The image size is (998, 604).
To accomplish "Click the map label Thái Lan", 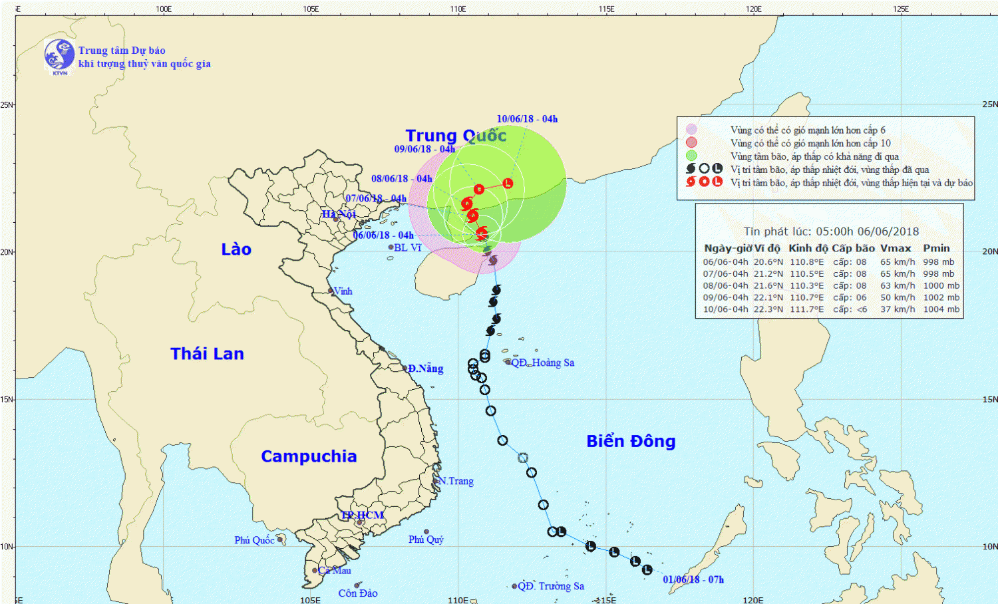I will coord(207,354).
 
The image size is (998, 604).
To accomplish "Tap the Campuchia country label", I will coord(309,456).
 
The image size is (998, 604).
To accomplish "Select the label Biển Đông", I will coord(631,441).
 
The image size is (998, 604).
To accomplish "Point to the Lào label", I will coord(236,249).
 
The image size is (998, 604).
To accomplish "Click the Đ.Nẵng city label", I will coord(425,369).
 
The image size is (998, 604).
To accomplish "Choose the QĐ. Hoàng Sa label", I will coord(543,363).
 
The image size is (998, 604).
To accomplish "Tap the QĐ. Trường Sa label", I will coord(551,586).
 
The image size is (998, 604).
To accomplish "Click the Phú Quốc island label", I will coord(254,540).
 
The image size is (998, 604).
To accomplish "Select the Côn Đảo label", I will coord(358,593).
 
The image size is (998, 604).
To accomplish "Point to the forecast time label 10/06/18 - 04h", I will coord(527,119).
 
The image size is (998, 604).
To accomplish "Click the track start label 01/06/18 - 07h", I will coord(693,579).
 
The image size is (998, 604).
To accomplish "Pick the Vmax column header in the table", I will coord(896,248).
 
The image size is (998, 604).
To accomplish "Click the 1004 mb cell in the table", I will coord(941,309).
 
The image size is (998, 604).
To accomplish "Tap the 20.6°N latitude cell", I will coord(768,262).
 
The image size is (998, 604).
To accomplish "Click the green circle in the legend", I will coord(691,156).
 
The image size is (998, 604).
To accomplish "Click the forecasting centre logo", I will coord(59,55).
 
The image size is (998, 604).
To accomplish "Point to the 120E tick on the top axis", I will coord(754,9).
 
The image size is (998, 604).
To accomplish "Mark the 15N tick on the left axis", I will coord(7,399).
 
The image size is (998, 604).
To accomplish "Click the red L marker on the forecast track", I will coord(508,183).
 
